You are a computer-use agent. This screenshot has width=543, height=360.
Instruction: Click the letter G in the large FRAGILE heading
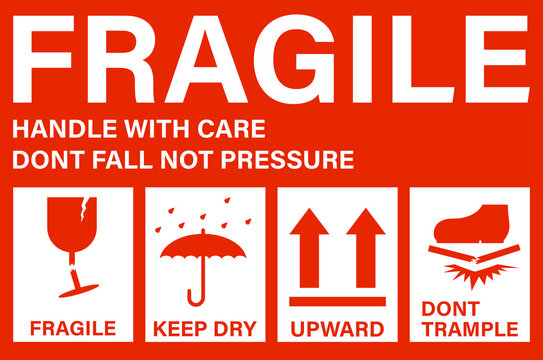click(x=294, y=59)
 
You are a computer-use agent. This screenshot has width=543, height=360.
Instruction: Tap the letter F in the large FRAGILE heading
click(x=43, y=59)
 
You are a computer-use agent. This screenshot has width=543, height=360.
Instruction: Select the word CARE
click(x=231, y=129)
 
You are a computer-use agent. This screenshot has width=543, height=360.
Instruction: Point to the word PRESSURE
click(x=287, y=160)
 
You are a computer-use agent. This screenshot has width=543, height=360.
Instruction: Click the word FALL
click(x=122, y=160)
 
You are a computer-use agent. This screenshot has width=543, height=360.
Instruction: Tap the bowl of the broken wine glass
click(x=72, y=223)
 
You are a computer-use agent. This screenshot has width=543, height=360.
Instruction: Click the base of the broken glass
click(x=79, y=291)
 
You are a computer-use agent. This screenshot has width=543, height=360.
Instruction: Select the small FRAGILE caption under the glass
click(x=73, y=328)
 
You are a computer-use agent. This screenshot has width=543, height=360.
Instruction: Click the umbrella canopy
click(x=203, y=246)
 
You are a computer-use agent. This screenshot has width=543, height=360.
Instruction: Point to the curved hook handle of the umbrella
click(x=196, y=297)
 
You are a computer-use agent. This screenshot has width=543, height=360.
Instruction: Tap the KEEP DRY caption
click(x=205, y=328)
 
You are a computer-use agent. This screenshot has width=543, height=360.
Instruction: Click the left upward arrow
click(x=309, y=248)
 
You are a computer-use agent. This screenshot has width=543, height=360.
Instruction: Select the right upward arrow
click(x=366, y=248)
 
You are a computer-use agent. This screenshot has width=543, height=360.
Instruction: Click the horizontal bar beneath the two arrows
click(x=338, y=302)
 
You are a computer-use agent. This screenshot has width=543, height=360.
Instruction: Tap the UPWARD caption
click(x=337, y=329)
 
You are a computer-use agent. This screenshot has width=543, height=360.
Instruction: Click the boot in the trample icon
click(x=472, y=224)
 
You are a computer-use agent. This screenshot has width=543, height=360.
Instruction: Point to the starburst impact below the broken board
click(x=479, y=274)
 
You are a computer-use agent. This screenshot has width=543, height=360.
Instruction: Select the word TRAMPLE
click(x=470, y=329)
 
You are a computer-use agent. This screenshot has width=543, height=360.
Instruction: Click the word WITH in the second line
click(x=157, y=129)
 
